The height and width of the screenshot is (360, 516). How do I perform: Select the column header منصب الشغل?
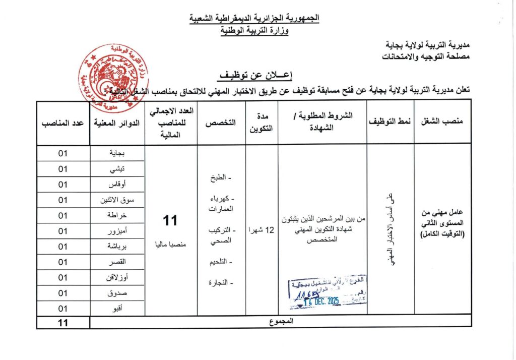442,122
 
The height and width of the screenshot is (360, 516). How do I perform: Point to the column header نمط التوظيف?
390,122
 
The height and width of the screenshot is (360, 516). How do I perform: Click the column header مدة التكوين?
262,122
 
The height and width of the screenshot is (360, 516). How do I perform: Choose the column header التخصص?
224,122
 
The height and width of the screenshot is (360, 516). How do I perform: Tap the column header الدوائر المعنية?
117,122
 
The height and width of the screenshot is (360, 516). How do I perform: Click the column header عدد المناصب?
63,122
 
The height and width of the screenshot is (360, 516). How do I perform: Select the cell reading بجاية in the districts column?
117,153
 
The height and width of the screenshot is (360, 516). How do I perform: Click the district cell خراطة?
117,215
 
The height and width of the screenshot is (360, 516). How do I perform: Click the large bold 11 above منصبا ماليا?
169,221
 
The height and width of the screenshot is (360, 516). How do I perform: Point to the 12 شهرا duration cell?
262,230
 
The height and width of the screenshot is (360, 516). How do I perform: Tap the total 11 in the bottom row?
63,322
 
